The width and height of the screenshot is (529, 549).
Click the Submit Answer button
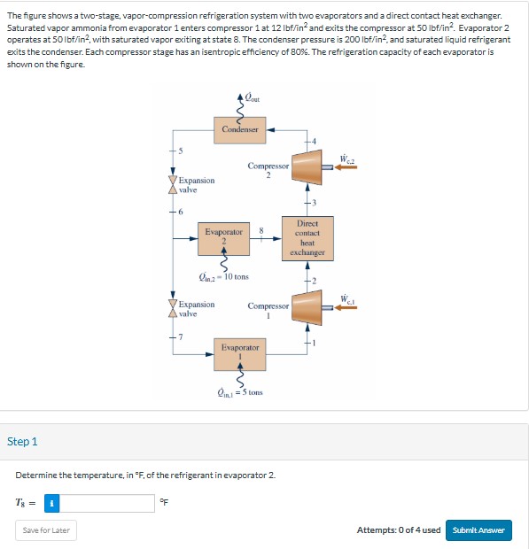pos(478,530)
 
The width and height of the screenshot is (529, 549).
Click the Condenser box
pos(240,129)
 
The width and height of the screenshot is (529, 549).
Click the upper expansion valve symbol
pos(173,186)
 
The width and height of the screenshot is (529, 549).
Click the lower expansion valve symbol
pos(173,309)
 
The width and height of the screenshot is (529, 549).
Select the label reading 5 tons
pos(240,391)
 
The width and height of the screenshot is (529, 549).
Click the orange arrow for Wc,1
pos(346,308)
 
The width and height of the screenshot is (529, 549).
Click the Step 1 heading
pos(22,441)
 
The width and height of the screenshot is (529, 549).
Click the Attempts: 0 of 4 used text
pos(398,530)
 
